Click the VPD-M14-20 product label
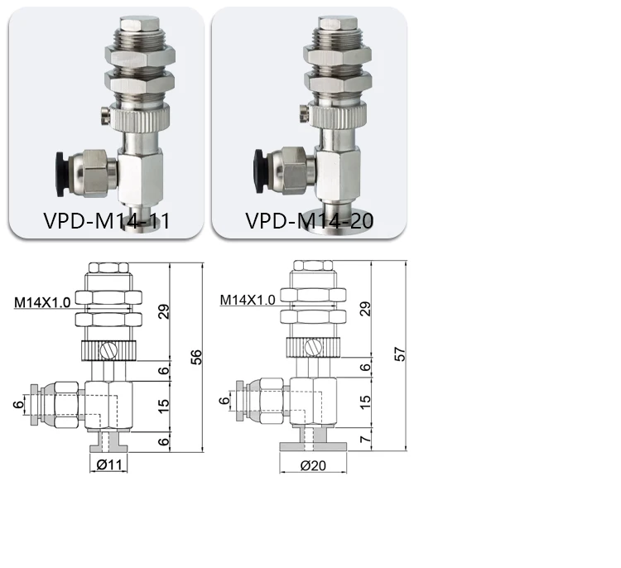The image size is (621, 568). pyautogui.click(x=309, y=221)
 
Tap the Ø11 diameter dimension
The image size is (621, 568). pyautogui.click(x=108, y=465)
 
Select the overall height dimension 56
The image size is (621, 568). pyautogui.click(x=195, y=356)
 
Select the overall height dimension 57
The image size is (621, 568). pyautogui.click(x=400, y=354)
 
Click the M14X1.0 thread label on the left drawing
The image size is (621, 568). pyautogui.click(x=41, y=302)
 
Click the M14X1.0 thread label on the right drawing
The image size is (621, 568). pyautogui.click(x=248, y=299)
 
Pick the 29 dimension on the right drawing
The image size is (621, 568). pyautogui.click(x=365, y=310)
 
